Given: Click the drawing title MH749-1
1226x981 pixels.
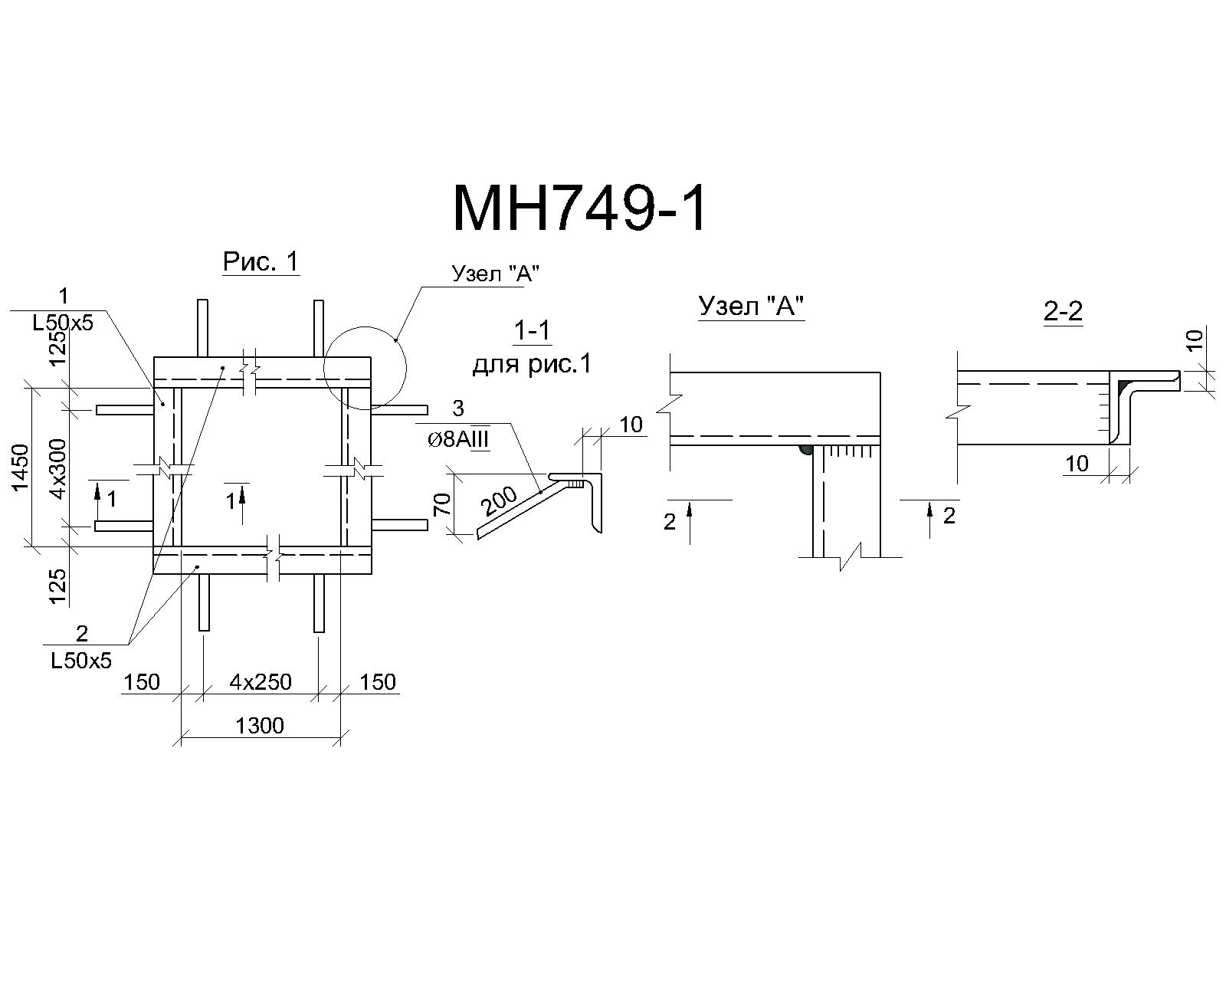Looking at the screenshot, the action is (579, 209).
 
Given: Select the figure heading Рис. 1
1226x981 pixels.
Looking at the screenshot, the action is (261, 261).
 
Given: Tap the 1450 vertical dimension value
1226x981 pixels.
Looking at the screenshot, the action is (21, 467).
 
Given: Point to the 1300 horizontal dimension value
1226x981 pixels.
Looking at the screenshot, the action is (260, 726).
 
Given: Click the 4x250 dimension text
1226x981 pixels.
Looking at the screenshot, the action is (261, 682).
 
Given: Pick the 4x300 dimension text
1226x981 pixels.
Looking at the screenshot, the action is (58, 468).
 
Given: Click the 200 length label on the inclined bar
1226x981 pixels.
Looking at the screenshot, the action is (499, 501).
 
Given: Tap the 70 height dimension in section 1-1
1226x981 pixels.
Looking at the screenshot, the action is (443, 504).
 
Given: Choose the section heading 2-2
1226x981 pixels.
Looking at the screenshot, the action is (1063, 311).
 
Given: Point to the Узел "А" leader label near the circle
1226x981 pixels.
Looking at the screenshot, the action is (496, 274).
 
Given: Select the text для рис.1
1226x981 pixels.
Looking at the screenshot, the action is (532, 364).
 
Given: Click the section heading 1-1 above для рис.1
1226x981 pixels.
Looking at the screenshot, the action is (532, 330).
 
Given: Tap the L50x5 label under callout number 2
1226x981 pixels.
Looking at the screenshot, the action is (81, 661).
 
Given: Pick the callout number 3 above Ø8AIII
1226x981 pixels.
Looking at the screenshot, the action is (458, 408).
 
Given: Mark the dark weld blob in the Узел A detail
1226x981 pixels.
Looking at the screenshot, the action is (805, 451).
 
